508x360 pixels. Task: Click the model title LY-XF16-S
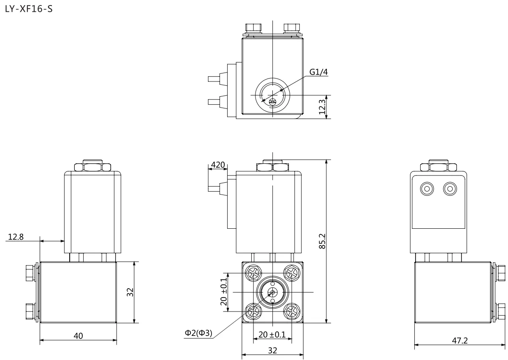(29, 9)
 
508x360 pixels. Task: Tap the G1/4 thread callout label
(318, 72)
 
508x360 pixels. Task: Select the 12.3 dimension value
(322, 107)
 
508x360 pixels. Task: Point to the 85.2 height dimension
(322, 241)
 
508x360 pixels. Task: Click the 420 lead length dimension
(218, 165)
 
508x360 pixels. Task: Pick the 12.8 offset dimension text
(16, 237)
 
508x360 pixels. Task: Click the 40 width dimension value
(78, 336)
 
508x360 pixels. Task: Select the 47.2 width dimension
(460, 341)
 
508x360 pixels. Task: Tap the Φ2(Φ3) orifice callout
(198, 333)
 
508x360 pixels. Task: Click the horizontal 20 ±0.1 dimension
(272, 335)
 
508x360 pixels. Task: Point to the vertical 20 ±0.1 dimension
(224, 292)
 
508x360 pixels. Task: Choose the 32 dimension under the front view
(272, 350)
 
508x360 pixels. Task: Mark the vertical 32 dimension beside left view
(130, 292)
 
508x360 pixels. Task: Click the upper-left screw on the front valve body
(253, 273)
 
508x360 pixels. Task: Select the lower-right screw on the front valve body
(292, 311)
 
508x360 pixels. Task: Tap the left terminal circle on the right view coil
(427, 189)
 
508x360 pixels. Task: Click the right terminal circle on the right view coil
(450, 189)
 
